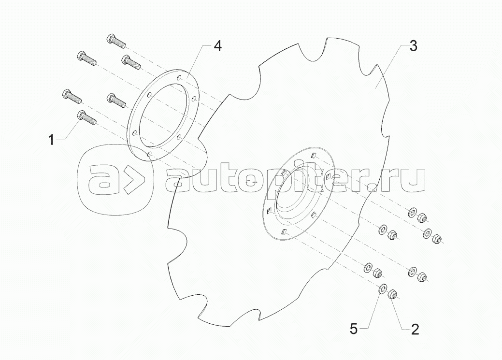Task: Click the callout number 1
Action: coord(52,140)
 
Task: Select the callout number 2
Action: coord(415,329)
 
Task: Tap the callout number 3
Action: coord(413,46)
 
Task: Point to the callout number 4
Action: coord(217,46)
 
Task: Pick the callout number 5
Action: coord(354,329)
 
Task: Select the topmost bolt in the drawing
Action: coord(115,41)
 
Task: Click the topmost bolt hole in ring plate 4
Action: coord(180,77)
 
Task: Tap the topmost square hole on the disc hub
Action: coord(315,156)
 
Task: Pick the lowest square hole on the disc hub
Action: coord(283,232)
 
